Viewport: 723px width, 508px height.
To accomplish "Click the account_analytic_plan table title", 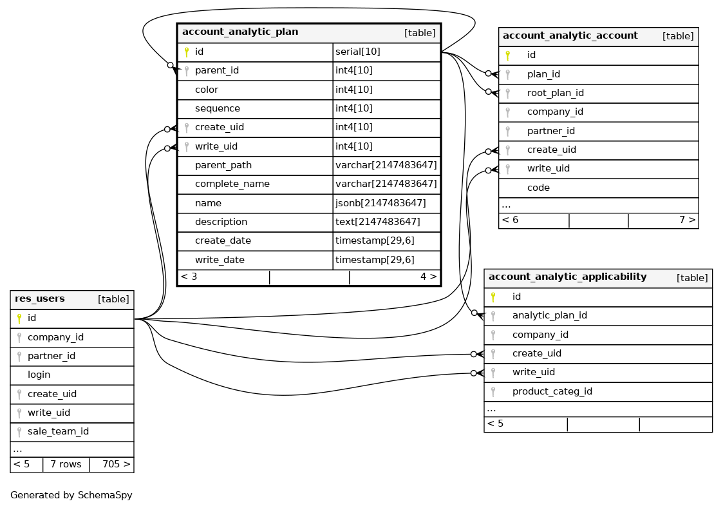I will click(x=240, y=32).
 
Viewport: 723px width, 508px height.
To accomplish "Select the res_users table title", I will click(x=40, y=299).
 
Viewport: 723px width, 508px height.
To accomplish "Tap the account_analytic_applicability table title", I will click(x=567, y=277).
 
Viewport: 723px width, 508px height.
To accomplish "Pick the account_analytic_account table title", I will click(x=570, y=36).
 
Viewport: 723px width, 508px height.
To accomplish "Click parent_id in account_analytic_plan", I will click(x=217, y=70).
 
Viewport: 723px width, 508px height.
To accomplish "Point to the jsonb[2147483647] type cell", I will click(x=380, y=203).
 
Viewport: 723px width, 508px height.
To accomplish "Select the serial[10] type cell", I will click(x=358, y=52).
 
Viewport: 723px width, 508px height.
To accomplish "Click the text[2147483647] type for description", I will click(x=378, y=222).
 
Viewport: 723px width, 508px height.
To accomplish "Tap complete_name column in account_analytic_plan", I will click(x=232, y=184).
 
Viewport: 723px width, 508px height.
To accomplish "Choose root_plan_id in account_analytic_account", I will click(x=555, y=93).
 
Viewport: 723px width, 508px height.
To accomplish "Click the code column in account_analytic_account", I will click(x=538, y=188).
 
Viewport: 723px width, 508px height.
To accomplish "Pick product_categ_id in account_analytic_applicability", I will click(x=552, y=391).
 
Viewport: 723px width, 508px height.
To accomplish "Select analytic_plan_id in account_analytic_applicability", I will click(x=549, y=316).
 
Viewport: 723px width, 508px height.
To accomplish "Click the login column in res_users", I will click(x=39, y=375).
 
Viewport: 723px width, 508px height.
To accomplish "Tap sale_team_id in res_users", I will click(x=58, y=431).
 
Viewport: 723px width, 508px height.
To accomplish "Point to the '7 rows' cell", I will click(x=66, y=464).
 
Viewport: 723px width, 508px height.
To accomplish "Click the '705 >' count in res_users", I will click(x=116, y=464).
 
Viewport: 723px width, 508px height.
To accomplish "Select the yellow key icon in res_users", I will click(x=19, y=318).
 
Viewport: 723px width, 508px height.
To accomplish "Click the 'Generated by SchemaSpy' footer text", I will click(x=71, y=495).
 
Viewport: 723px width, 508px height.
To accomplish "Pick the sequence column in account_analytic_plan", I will click(x=218, y=108).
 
